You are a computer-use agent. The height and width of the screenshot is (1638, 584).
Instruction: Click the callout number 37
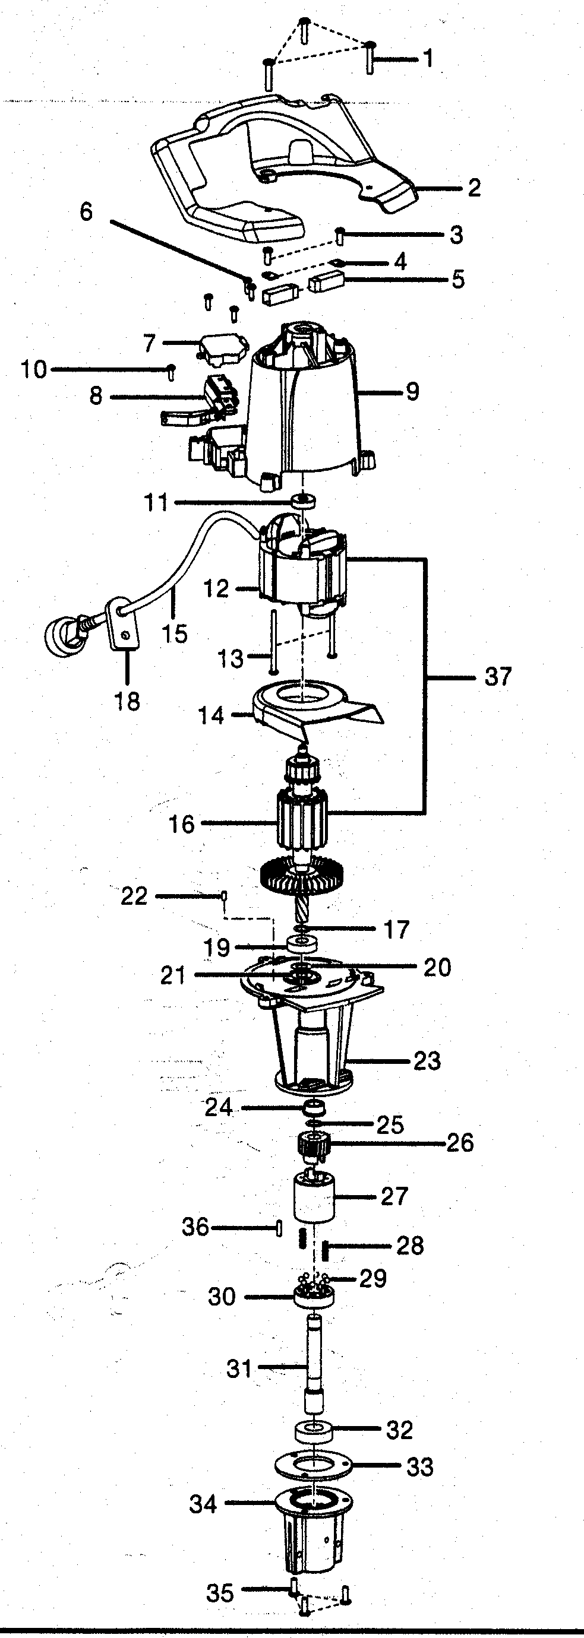point(497,677)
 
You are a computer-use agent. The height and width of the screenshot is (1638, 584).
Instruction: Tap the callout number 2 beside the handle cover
point(474,188)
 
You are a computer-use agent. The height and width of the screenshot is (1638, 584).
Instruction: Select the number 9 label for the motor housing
point(412,391)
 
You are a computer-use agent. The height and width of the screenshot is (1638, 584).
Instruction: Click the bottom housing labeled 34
point(313,1526)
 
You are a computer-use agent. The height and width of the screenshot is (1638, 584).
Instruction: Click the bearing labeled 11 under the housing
point(305,501)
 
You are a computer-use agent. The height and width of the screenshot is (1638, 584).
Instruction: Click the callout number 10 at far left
point(33,369)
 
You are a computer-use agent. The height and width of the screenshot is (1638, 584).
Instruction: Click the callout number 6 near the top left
point(86,212)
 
